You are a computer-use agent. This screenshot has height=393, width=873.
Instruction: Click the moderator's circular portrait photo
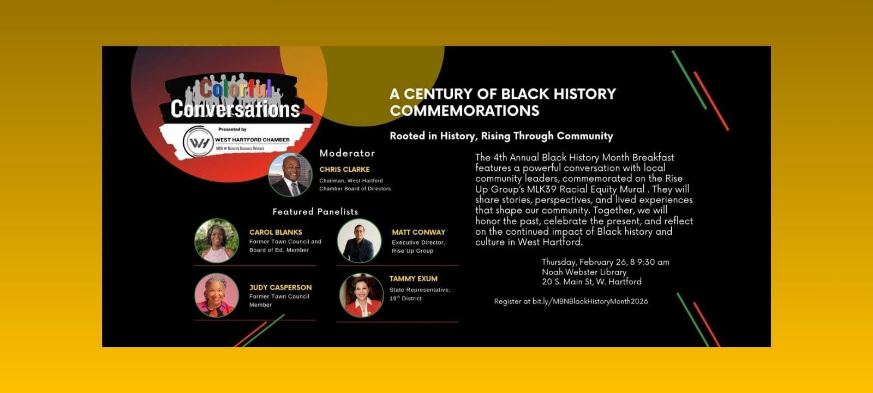290,175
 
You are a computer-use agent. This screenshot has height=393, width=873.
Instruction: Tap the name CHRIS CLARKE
344,169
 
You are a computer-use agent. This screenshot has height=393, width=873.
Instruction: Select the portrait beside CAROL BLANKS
217,241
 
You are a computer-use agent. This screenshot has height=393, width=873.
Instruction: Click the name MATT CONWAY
418,232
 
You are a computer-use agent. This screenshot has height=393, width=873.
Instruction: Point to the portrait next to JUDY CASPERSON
217,295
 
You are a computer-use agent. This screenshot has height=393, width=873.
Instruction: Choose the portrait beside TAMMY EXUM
361,295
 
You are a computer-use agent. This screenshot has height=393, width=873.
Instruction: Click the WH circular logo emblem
198,141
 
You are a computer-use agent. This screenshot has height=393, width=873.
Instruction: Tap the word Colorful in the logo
236,88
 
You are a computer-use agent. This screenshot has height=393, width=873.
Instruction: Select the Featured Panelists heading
315,212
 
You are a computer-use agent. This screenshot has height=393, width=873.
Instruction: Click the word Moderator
347,153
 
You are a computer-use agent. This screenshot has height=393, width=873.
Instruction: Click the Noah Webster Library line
584,272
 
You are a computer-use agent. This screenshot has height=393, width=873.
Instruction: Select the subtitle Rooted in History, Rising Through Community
501,136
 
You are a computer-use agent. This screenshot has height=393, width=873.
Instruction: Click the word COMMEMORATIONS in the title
464,110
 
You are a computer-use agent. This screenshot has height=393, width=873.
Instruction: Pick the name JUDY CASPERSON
280,287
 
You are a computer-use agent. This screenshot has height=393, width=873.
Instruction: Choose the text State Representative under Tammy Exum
420,290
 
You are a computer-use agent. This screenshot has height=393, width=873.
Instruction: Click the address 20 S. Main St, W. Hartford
591,282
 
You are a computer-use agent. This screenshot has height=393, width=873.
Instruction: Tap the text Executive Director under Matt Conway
418,242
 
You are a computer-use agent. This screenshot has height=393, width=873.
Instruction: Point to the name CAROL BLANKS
276,232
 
